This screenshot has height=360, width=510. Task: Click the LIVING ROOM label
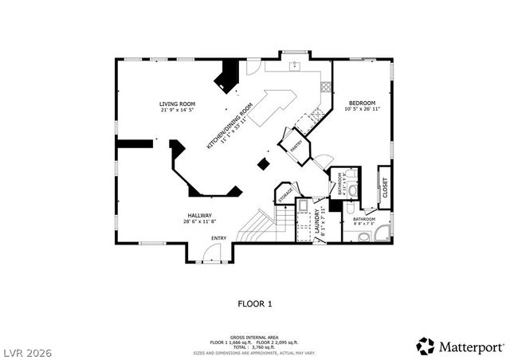click(177, 104)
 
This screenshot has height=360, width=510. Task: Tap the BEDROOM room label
click(362, 102)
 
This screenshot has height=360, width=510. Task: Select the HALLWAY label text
click(199, 215)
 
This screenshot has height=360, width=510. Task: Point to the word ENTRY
click(218, 238)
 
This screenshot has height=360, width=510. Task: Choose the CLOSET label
click(385, 190)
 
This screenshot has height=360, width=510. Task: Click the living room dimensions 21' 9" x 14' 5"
click(177, 110)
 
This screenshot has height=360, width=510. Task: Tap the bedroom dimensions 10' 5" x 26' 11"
click(362, 108)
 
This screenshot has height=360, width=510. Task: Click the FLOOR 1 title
click(255, 303)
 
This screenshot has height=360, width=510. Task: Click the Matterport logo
click(461, 346)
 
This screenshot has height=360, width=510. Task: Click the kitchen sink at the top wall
click(293, 63)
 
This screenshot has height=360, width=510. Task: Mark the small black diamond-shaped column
click(262, 164)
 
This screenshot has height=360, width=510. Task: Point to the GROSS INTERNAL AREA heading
click(255, 337)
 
